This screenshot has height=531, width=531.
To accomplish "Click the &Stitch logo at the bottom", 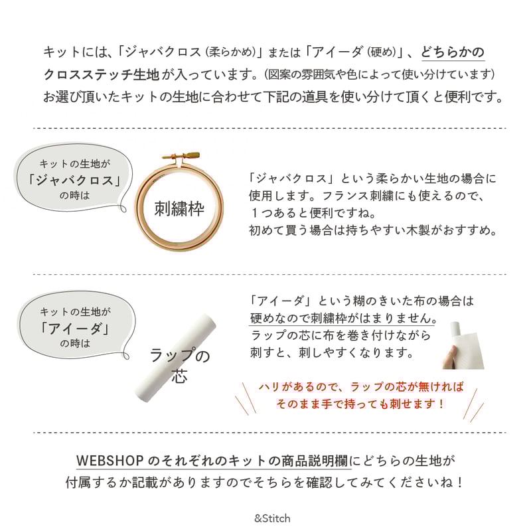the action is tap(272, 518).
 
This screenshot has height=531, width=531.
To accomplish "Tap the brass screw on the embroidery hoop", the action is tap(181, 157).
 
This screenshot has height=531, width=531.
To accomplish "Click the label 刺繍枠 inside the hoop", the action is tap(179, 208).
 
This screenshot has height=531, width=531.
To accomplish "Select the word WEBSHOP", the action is tap(110, 461).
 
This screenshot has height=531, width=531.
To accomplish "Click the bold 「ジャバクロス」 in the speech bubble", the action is tap(74, 180).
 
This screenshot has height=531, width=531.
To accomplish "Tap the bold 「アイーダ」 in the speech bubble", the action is tap(75, 328).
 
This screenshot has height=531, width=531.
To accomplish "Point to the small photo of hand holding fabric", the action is tap(463, 345).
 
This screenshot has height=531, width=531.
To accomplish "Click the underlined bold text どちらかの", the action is tap(453, 52).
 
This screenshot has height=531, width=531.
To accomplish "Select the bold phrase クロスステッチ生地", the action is tap(102, 74).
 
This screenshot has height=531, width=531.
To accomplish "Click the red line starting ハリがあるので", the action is tap(361, 386).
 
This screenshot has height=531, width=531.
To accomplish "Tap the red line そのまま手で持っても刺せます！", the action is tap(360, 404).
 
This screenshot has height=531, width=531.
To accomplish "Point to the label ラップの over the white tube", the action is tap(180, 355).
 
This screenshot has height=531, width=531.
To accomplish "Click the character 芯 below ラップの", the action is tap(179, 376).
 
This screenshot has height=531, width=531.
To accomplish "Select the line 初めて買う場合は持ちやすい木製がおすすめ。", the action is tap(374, 230).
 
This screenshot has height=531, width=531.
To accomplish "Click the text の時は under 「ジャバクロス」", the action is tap(74, 196).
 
